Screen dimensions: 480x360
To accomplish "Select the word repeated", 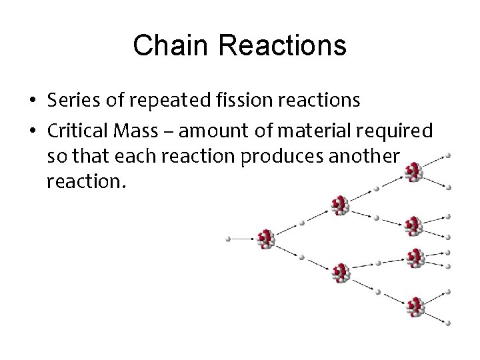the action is coord(167,101).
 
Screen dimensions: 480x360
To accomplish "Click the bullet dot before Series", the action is coord(33,101).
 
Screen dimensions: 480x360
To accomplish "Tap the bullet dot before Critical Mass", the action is coord(33,130).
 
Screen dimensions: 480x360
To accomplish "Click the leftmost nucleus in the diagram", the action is coord(266,239).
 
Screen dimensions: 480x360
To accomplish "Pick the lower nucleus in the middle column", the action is coord(341,272).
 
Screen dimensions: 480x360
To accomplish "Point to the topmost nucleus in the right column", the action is coord(414,173).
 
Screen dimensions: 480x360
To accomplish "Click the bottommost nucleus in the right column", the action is coord(415,307).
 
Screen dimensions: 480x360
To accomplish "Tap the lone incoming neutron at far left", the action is coord(229,238).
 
